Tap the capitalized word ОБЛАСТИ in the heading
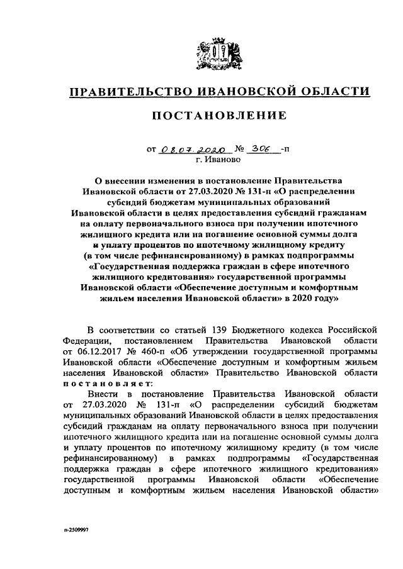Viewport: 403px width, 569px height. (333, 92)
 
